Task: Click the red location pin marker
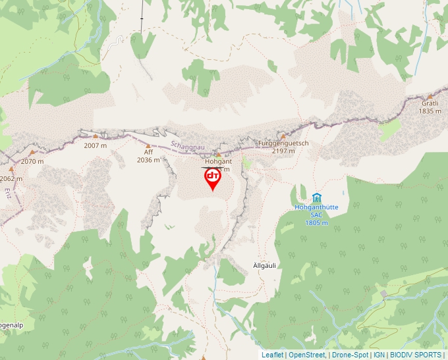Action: coord(213,178)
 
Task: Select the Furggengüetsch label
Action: coord(283,143)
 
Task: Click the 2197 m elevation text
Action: coord(283,151)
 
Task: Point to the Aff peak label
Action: coord(148,152)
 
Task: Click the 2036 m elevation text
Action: coord(148,160)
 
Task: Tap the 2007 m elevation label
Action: coord(96,145)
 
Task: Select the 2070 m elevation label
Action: coord(32,161)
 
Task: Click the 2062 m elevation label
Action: coord(11,178)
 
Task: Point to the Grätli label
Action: coord(430,103)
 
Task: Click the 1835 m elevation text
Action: coord(430,111)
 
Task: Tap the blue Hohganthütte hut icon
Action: coord(316,197)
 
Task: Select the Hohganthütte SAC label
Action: coord(316,211)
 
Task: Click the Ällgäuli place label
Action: coord(264,265)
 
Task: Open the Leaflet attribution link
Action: coord(272,355)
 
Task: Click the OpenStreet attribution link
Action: coord(306,355)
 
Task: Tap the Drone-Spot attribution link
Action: coord(350,355)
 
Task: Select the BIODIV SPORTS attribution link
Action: coord(416,355)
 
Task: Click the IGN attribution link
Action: coord(379,355)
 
